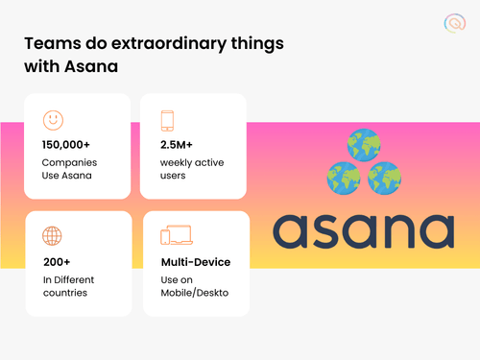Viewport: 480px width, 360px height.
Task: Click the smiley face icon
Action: [54, 120]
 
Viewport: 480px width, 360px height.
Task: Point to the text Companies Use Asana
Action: [70, 170]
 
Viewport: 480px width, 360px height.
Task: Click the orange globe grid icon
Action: [54, 236]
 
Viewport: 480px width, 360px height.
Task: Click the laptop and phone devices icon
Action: [177, 236]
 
